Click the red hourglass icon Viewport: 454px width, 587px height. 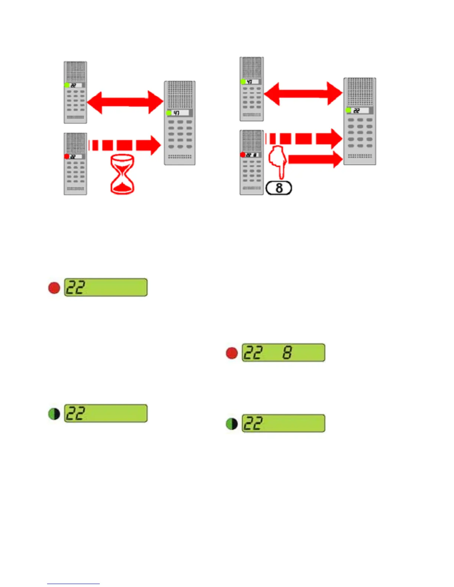click(x=122, y=174)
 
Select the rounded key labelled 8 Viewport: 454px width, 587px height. click(x=279, y=188)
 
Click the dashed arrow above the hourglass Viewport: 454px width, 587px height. click(x=124, y=145)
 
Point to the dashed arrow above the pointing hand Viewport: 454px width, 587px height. click(x=303, y=139)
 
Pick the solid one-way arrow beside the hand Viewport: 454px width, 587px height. click(x=315, y=159)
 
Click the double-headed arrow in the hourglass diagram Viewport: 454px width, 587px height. click(x=125, y=102)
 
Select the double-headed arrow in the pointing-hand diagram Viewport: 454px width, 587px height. click(x=303, y=93)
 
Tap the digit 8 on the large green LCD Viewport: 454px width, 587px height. click(x=287, y=352)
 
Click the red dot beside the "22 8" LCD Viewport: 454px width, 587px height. click(x=232, y=353)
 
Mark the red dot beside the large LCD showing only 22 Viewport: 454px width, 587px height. click(x=54, y=288)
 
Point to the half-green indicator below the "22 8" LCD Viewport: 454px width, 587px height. click(x=232, y=424)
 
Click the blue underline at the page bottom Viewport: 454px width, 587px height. click(x=73, y=584)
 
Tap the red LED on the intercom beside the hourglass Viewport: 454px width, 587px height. click(x=67, y=156)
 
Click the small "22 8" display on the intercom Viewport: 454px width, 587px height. click(x=252, y=155)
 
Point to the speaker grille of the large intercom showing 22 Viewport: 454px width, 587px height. click(x=359, y=92)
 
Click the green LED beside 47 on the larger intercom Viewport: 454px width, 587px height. click(x=169, y=113)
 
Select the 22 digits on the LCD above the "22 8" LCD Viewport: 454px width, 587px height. click(x=75, y=288)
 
